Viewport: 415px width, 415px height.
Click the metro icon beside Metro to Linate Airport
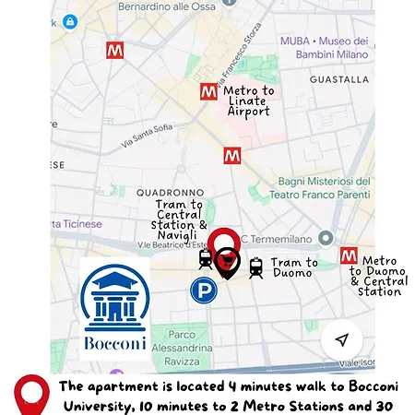pos(209,92)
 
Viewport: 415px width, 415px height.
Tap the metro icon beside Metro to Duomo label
pos(349,255)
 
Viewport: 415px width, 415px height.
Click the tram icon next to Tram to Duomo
pos(256,267)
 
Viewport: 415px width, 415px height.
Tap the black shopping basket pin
pos(229,265)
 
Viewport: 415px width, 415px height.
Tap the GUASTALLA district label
pos(339,79)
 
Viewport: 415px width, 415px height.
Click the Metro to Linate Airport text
pos(249,101)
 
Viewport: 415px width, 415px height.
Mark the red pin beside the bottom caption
pos(32,394)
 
